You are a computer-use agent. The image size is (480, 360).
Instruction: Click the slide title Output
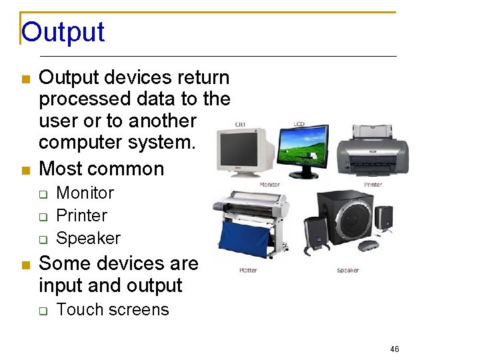(x=63, y=32)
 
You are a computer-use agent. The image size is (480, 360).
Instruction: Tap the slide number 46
(x=395, y=349)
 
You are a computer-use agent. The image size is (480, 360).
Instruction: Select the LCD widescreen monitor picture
(x=302, y=150)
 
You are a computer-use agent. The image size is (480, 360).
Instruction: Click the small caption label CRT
(x=241, y=123)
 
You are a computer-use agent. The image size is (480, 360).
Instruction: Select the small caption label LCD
(x=299, y=124)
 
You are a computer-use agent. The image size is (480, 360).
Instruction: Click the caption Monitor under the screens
(x=269, y=185)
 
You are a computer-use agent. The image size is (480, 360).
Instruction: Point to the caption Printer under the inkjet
(x=373, y=185)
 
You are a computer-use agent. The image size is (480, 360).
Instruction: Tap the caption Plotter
(x=249, y=270)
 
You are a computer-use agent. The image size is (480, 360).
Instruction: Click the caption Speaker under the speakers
(x=347, y=270)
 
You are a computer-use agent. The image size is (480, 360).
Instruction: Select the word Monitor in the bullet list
(x=85, y=193)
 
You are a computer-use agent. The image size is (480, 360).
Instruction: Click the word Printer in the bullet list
(x=81, y=215)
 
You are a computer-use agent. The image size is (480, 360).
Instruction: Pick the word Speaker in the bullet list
(x=88, y=238)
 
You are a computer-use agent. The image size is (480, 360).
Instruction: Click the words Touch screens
(x=113, y=309)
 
